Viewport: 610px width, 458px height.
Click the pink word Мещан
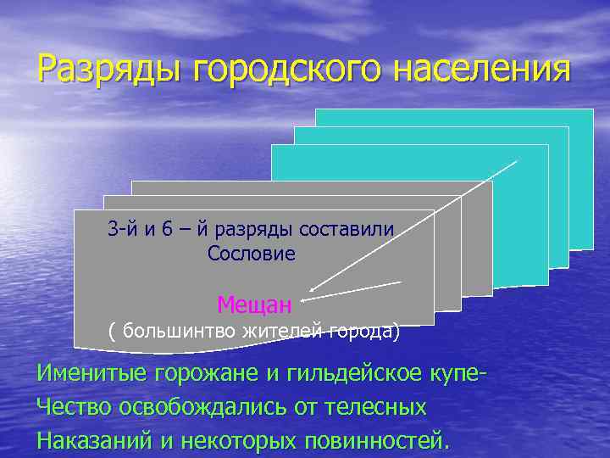254,303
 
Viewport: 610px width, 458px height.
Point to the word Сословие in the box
252,253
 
